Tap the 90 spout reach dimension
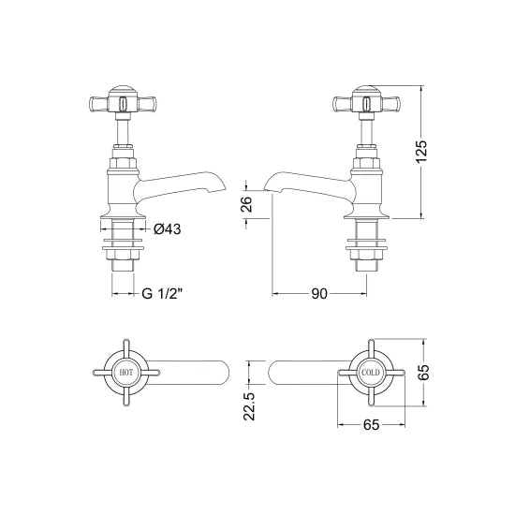318,294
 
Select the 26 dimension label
245,204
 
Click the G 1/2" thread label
162,294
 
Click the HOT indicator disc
126,373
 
